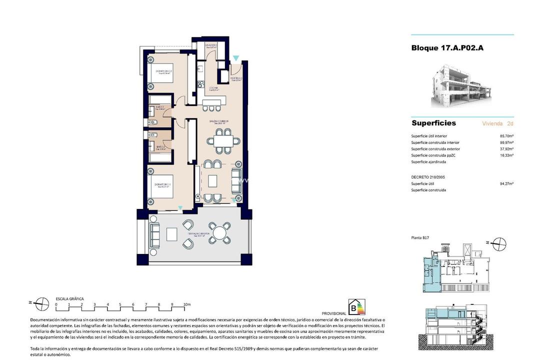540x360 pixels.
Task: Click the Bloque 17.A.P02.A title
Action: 447,48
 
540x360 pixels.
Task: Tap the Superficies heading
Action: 433,123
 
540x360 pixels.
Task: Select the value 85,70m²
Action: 507,136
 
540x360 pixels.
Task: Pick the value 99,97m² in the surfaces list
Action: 507,142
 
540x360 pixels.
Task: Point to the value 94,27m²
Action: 507,183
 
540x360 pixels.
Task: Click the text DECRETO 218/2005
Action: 428,177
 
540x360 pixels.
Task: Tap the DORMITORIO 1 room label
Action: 163,184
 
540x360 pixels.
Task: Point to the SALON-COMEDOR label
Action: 219,121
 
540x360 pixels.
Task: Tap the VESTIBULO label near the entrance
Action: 236,78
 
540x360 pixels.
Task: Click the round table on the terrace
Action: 219,232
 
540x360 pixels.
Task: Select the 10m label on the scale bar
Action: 186,304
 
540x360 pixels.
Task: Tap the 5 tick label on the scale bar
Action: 120,304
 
